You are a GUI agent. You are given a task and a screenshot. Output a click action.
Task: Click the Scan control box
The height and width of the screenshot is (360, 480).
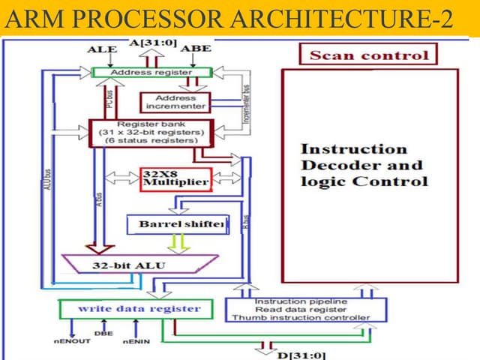pyautogui.click(x=369, y=55)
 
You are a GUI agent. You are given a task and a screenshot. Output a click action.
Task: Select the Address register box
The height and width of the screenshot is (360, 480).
pyautogui.click(x=151, y=73)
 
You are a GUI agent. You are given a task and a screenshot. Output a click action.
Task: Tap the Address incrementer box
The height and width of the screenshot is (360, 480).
pyautogui.click(x=175, y=103)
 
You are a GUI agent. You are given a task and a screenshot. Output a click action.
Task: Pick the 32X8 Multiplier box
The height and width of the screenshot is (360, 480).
pyautogui.click(x=175, y=179)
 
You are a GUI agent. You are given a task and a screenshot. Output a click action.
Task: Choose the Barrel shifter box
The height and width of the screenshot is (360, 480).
pyautogui.click(x=177, y=224)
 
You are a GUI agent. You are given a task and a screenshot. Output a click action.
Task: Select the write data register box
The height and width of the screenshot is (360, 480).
pyautogui.click(x=139, y=308)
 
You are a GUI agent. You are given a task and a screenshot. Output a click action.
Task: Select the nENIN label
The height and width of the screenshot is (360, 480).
pyautogui.click(x=135, y=343)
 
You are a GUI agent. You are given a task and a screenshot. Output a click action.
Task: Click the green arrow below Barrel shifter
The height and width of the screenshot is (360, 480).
pyautogui.click(x=177, y=241)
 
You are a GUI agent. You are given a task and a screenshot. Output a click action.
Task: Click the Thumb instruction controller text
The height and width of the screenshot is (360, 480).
pyautogui.click(x=306, y=317)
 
